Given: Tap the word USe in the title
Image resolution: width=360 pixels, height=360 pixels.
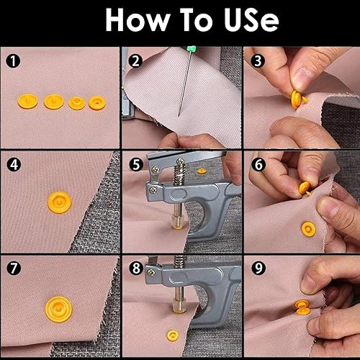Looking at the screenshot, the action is coord(251,20).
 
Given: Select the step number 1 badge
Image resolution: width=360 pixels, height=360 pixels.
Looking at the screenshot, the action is coord(13,60).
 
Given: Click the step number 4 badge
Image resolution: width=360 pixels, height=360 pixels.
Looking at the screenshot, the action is coord(14,165).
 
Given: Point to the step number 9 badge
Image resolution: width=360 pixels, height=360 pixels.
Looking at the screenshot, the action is coord(258,268).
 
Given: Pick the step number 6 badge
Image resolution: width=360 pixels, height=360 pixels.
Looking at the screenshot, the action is coord(258,164).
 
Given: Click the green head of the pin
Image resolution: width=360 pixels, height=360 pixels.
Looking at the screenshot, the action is coord(191,48).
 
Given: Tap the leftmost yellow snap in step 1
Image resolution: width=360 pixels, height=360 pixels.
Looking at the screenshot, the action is coord(27,101).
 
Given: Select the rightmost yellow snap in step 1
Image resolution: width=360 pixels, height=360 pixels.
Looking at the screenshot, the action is coord(97,103).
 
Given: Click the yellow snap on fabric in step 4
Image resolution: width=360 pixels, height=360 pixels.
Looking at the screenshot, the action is coord(60,202).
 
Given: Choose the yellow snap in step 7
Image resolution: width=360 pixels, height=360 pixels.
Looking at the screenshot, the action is coord(59,310).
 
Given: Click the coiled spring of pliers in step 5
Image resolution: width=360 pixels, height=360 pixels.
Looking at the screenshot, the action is coord(179,172).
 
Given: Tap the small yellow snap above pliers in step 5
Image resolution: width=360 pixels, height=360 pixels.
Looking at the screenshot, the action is coord(202,171).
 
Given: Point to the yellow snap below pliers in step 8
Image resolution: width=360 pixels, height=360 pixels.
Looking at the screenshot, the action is coord(173,336).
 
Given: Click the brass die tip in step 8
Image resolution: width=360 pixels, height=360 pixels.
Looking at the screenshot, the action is coord(179,308).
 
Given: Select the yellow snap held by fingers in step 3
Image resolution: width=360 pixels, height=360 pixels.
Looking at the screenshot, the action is coord(297,99).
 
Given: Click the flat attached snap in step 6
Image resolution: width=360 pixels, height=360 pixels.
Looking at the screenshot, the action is coord(308,229).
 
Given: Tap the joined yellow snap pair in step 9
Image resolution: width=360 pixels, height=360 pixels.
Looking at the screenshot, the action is coord(303,307).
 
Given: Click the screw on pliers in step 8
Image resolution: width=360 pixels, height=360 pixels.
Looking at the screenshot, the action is coord(151,272).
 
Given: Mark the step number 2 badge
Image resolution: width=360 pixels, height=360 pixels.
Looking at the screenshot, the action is coord(135,60).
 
